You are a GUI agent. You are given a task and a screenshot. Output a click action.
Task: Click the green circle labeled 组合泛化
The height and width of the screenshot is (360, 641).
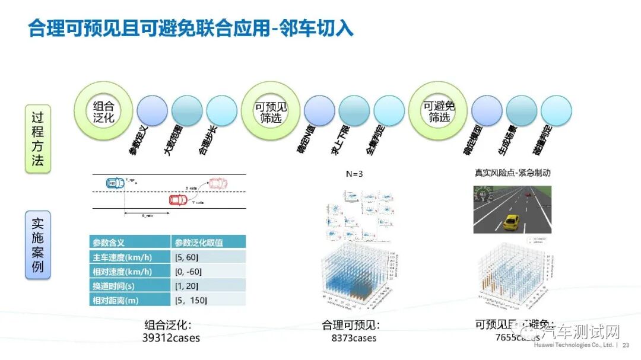pos(103,111)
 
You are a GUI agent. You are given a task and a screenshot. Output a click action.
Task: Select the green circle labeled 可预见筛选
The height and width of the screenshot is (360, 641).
pos(271,111)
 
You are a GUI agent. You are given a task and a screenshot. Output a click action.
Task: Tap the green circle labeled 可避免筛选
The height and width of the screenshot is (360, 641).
pos(439,111)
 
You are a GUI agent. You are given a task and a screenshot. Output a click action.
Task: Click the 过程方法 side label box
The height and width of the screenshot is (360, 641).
pos(37,139)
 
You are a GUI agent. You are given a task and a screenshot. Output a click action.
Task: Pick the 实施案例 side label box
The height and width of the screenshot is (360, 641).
pos(37,246)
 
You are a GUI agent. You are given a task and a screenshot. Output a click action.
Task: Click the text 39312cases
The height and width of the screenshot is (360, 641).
pos(171,338)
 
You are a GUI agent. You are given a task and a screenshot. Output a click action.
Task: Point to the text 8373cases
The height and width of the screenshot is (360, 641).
pos(354,338)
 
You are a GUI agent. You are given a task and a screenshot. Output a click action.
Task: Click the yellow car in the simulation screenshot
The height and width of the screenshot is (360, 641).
pos(510,222)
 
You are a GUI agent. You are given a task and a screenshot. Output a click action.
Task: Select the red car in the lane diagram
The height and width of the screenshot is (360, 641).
pos(178,199)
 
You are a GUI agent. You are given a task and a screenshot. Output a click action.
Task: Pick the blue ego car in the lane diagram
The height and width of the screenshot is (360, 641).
pos(112,184)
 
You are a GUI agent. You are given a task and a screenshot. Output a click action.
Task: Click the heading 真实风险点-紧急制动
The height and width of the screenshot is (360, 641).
pos(512,173)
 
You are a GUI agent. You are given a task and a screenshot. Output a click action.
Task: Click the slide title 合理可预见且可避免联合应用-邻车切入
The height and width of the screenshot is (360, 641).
pos(191,28)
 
